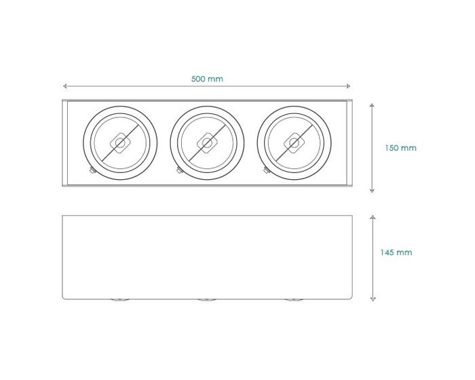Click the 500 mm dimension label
(207, 79)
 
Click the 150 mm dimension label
(400, 148)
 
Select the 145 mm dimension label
(396, 252)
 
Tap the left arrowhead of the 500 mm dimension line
(65, 86)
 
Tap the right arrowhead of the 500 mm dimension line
(348, 86)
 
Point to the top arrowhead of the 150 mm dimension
(372, 105)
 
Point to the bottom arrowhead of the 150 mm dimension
(372, 191)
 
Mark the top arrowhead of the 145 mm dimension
(373, 217)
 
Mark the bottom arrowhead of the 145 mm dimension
(373, 299)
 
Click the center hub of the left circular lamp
(120, 142)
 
